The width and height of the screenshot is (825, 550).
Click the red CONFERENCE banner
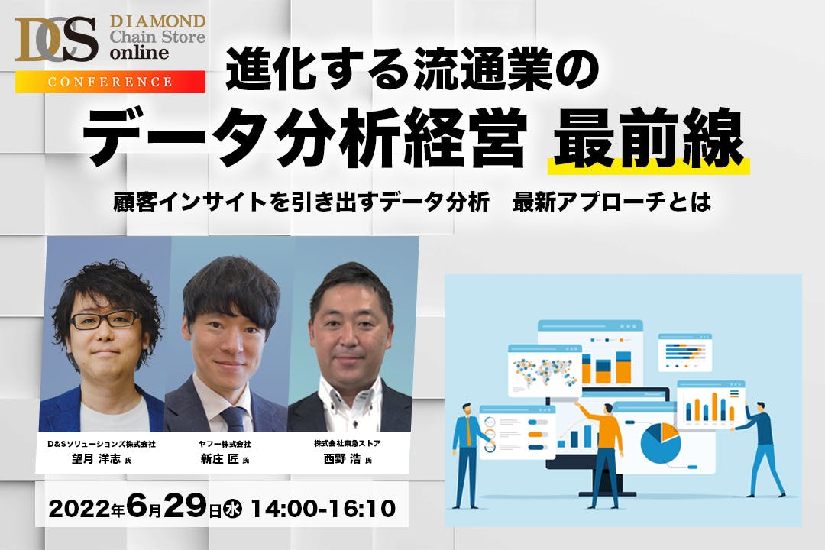pyautogui.click(x=110, y=82)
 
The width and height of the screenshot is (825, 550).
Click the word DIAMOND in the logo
pyautogui.click(x=157, y=21)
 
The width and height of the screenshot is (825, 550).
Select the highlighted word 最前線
pyautogui.click(x=649, y=138)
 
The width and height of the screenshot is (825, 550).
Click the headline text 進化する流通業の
pyautogui.click(x=413, y=69)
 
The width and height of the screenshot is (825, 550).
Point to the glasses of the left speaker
pyautogui.click(x=105, y=320)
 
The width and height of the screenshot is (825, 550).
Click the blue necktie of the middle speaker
pyautogui.click(x=234, y=419)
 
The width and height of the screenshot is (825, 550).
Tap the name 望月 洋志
pyautogui.click(x=96, y=459)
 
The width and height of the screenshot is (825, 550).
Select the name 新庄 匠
pyautogui.click(x=220, y=459)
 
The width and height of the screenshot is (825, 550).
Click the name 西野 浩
pyautogui.click(x=342, y=459)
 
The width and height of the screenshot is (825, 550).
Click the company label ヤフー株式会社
pyautogui.click(x=225, y=445)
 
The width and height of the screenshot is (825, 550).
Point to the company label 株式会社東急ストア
pyautogui.click(x=348, y=444)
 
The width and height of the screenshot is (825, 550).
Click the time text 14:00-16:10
pyautogui.click(x=323, y=509)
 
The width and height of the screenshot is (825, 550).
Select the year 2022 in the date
pyautogui.click(x=79, y=509)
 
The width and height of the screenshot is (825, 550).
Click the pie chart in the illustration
pyautogui.click(x=660, y=443)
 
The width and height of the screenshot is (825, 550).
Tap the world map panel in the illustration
pyautogui.click(x=545, y=370)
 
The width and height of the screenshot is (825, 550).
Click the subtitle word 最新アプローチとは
pyautogui.click(x=612, y=202)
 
